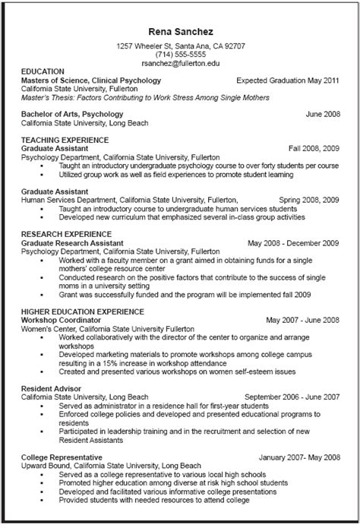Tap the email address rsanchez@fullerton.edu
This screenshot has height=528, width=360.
pos(180,63)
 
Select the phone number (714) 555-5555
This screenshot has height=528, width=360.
pos(180,55)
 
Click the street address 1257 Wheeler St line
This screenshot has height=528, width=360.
pos(180,46)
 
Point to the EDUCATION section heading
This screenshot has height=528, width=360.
pos(43,71)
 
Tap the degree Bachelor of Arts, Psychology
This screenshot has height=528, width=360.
pos(72,113)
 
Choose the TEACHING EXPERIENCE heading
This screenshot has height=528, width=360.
pos(65,139)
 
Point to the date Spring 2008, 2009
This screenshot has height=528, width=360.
pos(308,199)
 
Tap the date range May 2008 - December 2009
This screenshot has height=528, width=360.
pos(292,243)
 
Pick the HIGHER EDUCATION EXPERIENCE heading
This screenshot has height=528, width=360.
pos(82,311)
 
